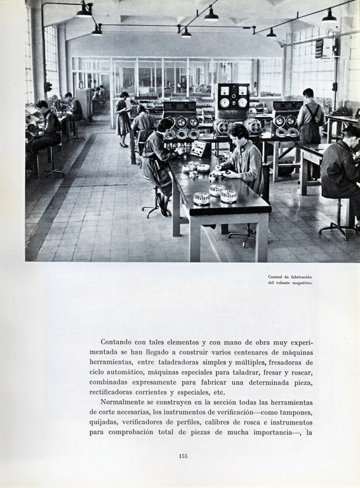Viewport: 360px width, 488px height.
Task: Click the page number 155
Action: coord(183,456)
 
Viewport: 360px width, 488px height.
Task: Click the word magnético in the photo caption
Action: coord(302,283)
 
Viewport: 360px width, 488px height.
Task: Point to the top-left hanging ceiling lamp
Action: coord(84,11)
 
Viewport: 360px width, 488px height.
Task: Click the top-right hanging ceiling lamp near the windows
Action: coord(329,17)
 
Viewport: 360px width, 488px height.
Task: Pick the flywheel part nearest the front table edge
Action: coord(201,198)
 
